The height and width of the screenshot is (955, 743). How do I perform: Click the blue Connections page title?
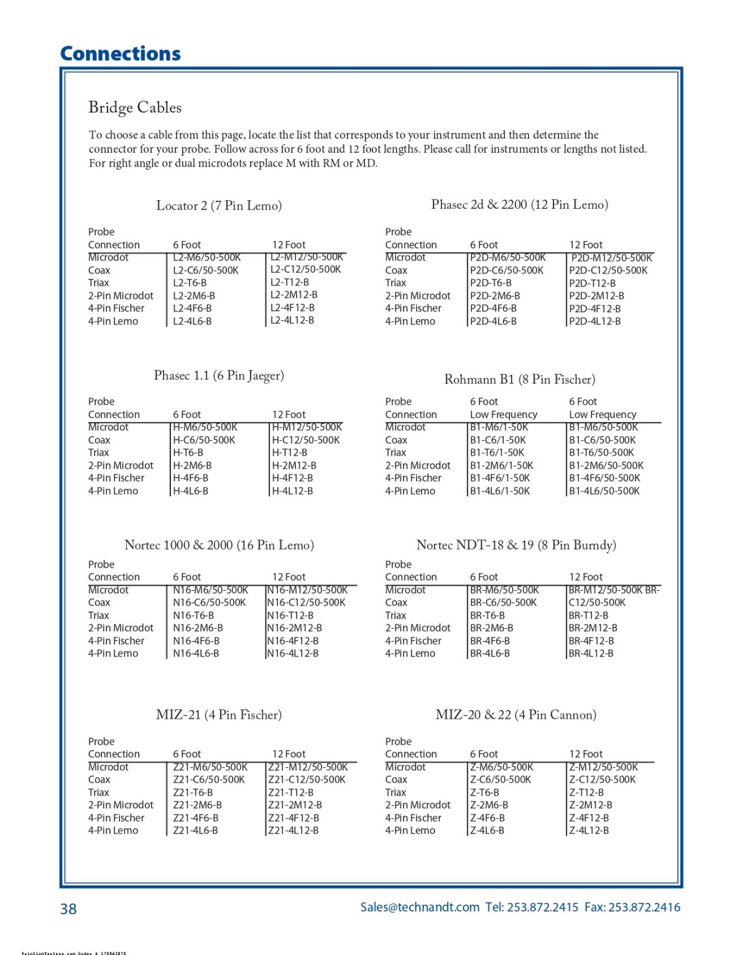click(121, 54)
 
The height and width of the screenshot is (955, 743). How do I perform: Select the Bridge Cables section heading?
click(135, 108)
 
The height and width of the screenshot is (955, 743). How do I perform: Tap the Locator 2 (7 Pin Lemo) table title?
click(219, 206)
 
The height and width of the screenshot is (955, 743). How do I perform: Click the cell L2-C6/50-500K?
click(206, 270)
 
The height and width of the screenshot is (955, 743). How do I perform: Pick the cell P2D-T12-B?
click(593, 283)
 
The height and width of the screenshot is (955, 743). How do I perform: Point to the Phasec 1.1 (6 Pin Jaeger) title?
click(219, 376)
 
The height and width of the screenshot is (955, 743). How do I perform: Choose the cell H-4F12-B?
click(292, 478)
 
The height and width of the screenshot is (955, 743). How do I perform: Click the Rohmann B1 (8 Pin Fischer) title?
click(520, 379)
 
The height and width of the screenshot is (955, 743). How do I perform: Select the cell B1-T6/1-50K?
click(497, 453)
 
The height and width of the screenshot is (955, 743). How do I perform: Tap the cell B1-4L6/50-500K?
click(604, 491)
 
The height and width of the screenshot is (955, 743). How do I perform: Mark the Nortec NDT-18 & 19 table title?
click(516, 545)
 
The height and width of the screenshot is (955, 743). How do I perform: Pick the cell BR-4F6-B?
click(490, 641)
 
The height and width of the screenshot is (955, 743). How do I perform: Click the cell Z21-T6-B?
click(193, 793)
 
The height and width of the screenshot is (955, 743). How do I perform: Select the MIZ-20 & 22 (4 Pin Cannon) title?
click(516, 715)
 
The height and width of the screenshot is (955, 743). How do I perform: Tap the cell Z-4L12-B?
click(589, 831)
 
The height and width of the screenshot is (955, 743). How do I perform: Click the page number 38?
click(68, 909)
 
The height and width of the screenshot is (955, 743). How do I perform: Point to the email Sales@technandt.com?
click(420, 907)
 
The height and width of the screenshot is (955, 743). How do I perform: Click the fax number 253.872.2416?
click(644, 907)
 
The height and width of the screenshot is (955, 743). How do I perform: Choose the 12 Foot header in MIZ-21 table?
click(289, 754)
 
